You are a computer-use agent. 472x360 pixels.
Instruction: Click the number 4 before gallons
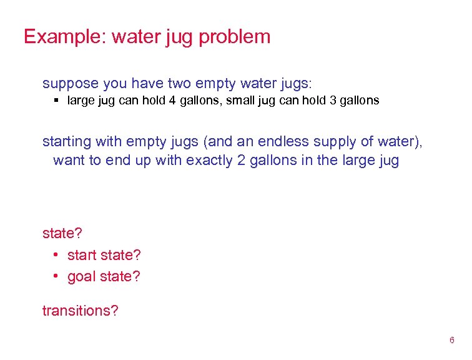click(x=171, y=101)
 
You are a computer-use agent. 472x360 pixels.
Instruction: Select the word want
click(x=70, y=160)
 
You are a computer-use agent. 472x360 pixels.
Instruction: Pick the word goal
click(x=82, y=276)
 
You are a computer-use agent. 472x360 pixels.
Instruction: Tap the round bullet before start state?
click(x=56, y=255)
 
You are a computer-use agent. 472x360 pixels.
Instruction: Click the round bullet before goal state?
click(x=56, y=276)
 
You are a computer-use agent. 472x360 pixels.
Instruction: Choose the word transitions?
click(x=80, y=311)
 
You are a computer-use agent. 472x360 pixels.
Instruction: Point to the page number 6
click(x=451, y=341)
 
